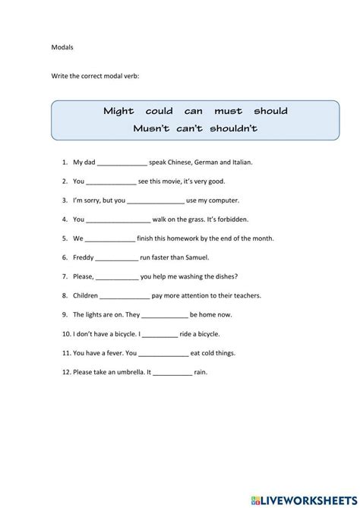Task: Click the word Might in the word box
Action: click(118, 111)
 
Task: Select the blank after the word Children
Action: click(125, 296)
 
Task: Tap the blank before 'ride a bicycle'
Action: click(159, 334)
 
